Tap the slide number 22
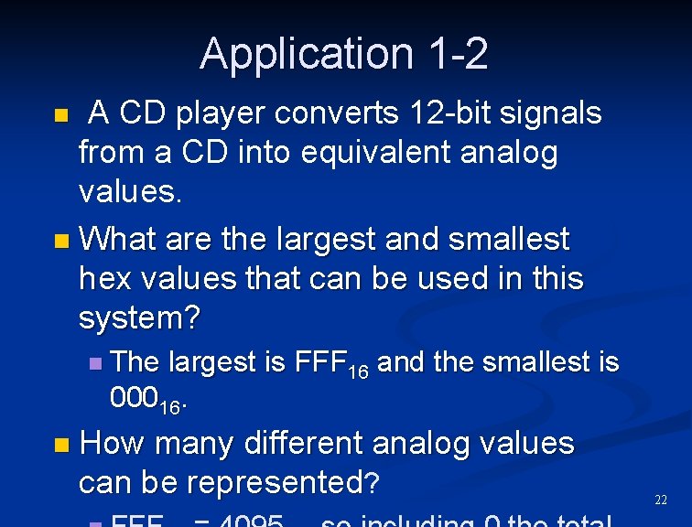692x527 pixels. tap(661, 500)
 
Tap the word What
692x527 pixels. tap(116, 240)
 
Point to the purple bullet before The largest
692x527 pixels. tap(96, 363)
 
